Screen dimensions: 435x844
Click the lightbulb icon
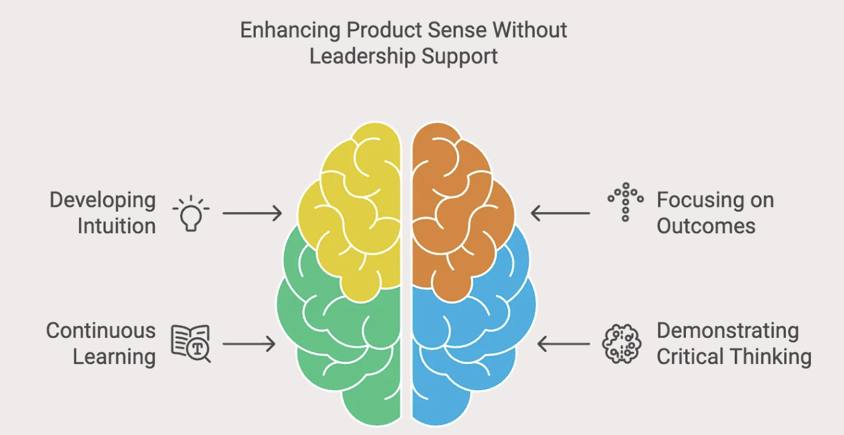[x=191, y=214]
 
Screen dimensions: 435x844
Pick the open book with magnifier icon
[x=191, y=344]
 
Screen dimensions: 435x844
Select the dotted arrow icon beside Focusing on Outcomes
[x=625, y=202]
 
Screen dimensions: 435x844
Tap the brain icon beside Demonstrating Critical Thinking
[x=621, y=344]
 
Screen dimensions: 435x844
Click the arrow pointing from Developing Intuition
[x=252, y=213]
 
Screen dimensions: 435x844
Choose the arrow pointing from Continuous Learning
[x=249, y=344]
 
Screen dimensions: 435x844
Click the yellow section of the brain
[x=355, y=209]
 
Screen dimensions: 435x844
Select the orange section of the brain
[x=459, y=209]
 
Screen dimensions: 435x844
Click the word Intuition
[x=117, y=226]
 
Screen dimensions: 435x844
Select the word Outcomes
[x=706, y=226]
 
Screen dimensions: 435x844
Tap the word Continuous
[x=101, y=330]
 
